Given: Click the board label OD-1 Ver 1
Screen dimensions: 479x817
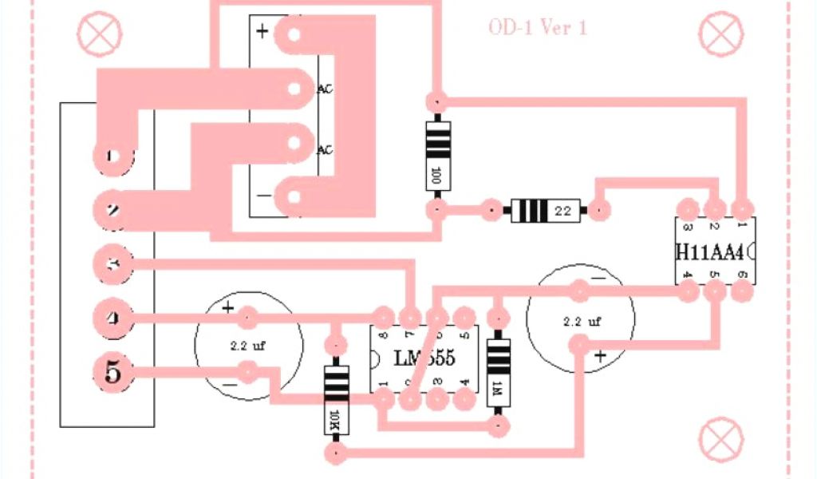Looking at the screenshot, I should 538,28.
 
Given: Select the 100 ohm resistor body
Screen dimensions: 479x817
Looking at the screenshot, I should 436,155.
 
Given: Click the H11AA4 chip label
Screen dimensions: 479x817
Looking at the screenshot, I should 710,251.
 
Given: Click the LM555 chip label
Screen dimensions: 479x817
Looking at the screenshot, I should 424,358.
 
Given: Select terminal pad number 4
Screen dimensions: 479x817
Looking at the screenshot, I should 112,319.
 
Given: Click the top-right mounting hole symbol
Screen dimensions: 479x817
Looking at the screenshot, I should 720,34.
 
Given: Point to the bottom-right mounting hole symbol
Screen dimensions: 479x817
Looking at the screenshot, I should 720,437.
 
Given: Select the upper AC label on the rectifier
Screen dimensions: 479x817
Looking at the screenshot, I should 325,89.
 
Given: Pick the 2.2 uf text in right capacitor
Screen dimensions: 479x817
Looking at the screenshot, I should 582,321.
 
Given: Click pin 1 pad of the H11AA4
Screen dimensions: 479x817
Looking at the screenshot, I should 743,210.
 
